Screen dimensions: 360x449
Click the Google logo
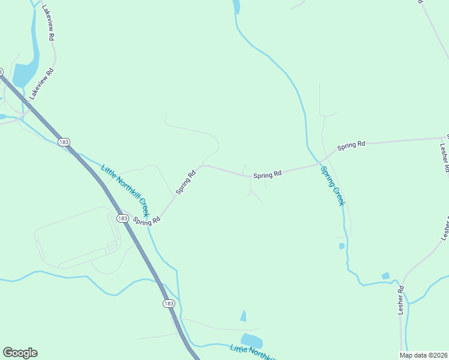tap(20, 353)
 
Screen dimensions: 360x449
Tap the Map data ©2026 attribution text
tap(423, 355)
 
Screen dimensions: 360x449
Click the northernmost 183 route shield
tap(64, 142)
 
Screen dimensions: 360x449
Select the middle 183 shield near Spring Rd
tap(122, 218)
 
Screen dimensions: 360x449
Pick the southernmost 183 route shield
tap(169, 304)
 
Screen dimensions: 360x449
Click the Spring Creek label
tap(332, 185)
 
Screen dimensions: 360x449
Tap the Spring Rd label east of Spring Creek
tap(351, 145)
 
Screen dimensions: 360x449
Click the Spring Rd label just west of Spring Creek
tap(267, 175)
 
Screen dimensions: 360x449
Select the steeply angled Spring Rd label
tap(186, 182)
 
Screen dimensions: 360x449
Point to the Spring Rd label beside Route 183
tap(147, 221)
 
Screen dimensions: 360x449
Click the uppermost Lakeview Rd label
tap(50, 24)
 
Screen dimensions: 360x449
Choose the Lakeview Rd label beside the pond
tap(41, 83)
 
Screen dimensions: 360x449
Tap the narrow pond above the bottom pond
tap(243, 316)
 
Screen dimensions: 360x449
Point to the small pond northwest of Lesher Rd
tap(385, 276)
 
